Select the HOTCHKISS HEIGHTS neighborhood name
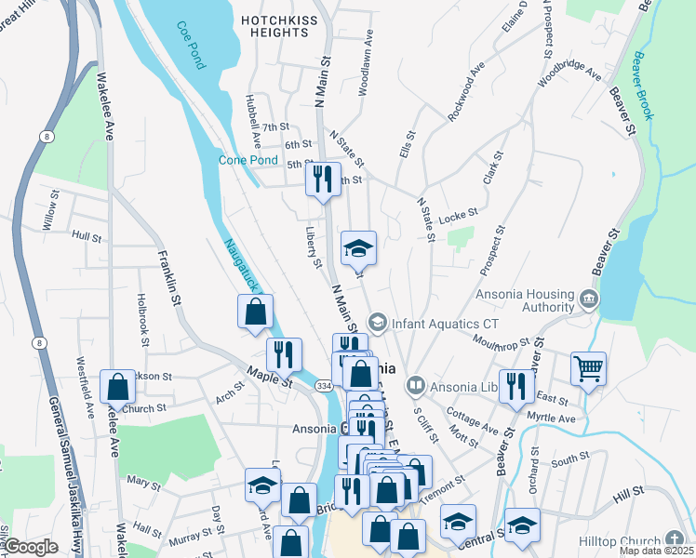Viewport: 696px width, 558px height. point(276,26)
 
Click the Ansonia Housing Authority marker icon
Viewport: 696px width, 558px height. point(589,299)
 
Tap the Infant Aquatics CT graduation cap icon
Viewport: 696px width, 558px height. point(377,322)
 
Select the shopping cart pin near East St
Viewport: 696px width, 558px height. point(588,369)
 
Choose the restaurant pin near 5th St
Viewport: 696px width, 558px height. point(323,178)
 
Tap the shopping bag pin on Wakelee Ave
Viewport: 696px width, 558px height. point(118,384)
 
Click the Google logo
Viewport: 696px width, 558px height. point(31,547)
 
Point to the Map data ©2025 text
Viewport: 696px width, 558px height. point(655,551)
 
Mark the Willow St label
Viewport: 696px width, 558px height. point(49,211)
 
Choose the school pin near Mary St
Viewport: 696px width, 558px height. point(262,485)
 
